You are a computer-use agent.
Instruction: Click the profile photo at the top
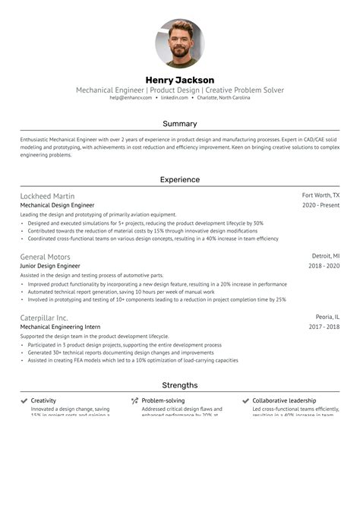(x=180, y=43)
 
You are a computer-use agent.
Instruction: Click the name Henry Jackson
(x=180, y=80)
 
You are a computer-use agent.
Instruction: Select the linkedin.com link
(x=175, y=98)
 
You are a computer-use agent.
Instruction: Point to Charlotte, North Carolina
(x=224, y=98)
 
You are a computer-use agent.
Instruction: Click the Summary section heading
(x=180, y=123)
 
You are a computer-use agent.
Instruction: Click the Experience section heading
(x=180, y=180)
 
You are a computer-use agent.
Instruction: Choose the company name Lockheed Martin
(x=47, y=196)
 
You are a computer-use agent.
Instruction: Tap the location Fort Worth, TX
(x=321, y=196)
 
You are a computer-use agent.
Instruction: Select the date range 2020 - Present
(x=321, y=205)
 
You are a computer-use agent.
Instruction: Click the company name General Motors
(x=45, y=257)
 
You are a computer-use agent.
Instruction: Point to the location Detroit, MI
(x=326, y=257)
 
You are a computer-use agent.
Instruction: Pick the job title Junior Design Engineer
(x=50, y=267)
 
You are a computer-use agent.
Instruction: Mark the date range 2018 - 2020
(x=324, y=267)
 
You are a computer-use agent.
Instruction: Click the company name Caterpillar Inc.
(x=44, y=318)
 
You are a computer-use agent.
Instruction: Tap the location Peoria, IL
(x=328, y=318)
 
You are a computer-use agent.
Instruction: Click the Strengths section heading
(x=180, y=385)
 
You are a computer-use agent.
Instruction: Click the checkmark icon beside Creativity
(x=24, y=400)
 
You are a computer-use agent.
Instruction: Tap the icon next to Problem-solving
(x=134, y=400)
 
